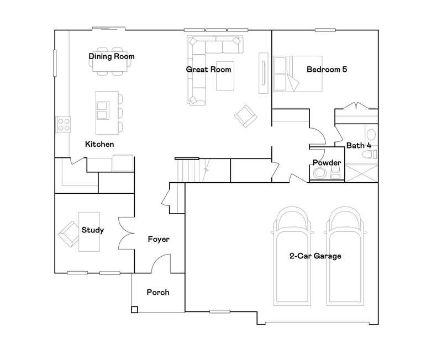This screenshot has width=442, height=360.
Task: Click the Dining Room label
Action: click(x=112, y=56)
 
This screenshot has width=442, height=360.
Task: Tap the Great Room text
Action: click(x=209, y=70)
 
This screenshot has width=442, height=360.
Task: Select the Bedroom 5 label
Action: click(x=327, y=70)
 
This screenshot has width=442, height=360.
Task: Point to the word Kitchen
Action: click(x=99, y=144)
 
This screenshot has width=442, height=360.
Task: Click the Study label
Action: click(x=93, y=230)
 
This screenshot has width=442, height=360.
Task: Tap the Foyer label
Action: click(x=159, y=240)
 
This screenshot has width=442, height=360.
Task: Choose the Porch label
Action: click(x=158, y=293)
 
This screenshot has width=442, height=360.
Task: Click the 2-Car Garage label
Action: click(x=315, y=256)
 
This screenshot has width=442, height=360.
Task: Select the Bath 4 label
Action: click(x=359, y=146)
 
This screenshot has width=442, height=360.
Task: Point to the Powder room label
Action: click(x=327, y=163)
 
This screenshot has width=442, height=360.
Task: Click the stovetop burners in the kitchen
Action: click(x=64, y=124)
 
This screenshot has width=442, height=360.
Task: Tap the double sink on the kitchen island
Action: click(x=102, y=110)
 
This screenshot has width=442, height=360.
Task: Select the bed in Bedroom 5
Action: click(x=298, y=74)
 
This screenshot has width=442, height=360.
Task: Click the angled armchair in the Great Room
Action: click(x=246, y=116)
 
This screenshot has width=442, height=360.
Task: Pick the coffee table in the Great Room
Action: click(x=225, y=76)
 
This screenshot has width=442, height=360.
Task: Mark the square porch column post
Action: click(x=134, y=309)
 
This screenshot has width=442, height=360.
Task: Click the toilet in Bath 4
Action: click(x=370, y=155)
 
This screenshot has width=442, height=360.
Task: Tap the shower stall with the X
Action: click(x=361, y=173)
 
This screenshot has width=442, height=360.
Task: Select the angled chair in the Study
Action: click(x=69, y=234)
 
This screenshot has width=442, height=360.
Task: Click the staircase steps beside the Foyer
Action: click(x=188, y=171)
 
